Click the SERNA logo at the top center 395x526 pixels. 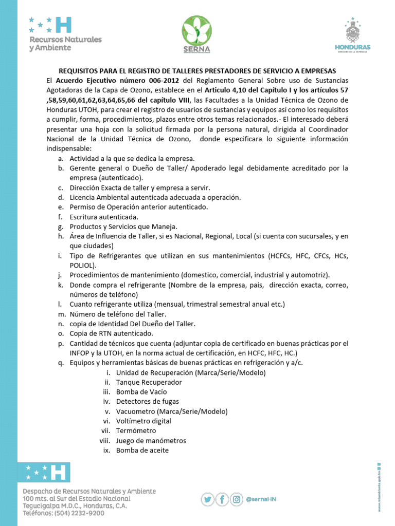[x=197, y=34]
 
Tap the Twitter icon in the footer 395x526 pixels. [x=207, y=499]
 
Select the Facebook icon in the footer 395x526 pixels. [x=222, y=499]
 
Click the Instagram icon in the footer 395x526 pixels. [x=237, y=499]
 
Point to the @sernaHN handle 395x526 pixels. [x=261, y=499]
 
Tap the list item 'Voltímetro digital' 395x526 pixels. [x=143, y=421]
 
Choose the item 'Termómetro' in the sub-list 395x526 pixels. [x=136, y=431]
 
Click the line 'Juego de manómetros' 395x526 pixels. [x=151, y=441]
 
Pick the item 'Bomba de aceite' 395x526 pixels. [x=142, y=450]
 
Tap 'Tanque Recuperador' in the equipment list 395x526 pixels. [x=149, y=382]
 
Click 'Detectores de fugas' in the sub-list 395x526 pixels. [x=148, y=402]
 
